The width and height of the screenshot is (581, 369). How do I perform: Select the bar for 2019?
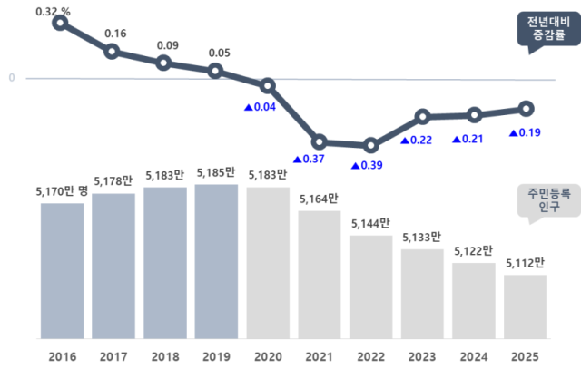click(216, 261)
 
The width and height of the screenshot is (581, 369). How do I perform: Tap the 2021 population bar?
click(320, 274)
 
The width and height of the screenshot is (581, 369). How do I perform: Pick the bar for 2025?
click(526, 306)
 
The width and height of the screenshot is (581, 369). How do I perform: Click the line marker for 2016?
click(60, 23)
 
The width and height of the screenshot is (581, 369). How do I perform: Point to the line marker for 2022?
click(370, 145)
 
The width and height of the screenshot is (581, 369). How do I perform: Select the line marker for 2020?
click(268, 86)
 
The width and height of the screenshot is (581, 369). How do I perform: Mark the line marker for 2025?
click(526, 109)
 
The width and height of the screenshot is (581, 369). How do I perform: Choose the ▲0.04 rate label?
click(260, 107)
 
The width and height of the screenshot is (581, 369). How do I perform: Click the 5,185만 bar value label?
click(216, 171)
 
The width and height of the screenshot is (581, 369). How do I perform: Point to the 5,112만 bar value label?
click(525, 263)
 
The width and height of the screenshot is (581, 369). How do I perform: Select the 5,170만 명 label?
click(63, 190)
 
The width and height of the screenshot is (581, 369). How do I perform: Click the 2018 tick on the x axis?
click(164, 356)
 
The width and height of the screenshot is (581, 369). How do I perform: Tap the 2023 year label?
click(422, 356)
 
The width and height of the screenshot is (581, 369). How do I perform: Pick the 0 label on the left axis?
click(12, 78)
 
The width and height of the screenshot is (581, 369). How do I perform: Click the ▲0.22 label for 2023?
click(417, 140)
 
